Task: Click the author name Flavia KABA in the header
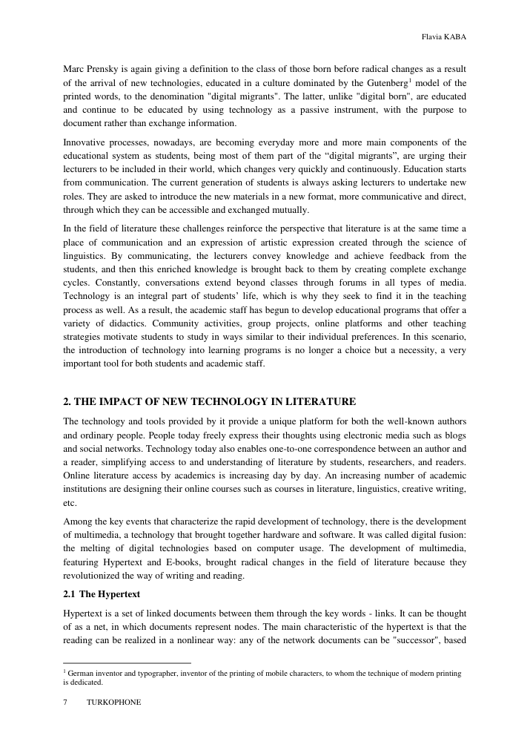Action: point(443,36)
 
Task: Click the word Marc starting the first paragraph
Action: point(75,69)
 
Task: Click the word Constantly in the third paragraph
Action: point(91,283)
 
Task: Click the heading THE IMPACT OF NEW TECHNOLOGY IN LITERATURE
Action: point(210,401)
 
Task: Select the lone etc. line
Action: point(70,502)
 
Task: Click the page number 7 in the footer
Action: point(66,702)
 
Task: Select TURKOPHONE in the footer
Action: point(113,702)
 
